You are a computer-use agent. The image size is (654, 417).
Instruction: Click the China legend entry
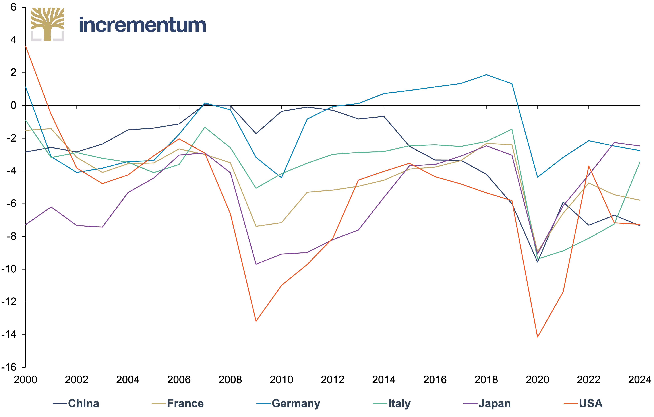[76, 404]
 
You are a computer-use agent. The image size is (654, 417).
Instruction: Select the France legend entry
[178, 404]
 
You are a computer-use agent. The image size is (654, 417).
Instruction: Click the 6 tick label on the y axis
[13, 7]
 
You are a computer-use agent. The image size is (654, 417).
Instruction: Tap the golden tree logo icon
[48, 24]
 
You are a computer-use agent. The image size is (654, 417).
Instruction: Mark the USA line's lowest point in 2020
[538, 337]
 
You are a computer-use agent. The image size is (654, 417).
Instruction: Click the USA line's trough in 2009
[256, 321]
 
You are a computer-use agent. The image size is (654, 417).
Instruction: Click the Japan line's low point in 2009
[256, 264]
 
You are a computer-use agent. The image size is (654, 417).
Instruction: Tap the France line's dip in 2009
[256, 226]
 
